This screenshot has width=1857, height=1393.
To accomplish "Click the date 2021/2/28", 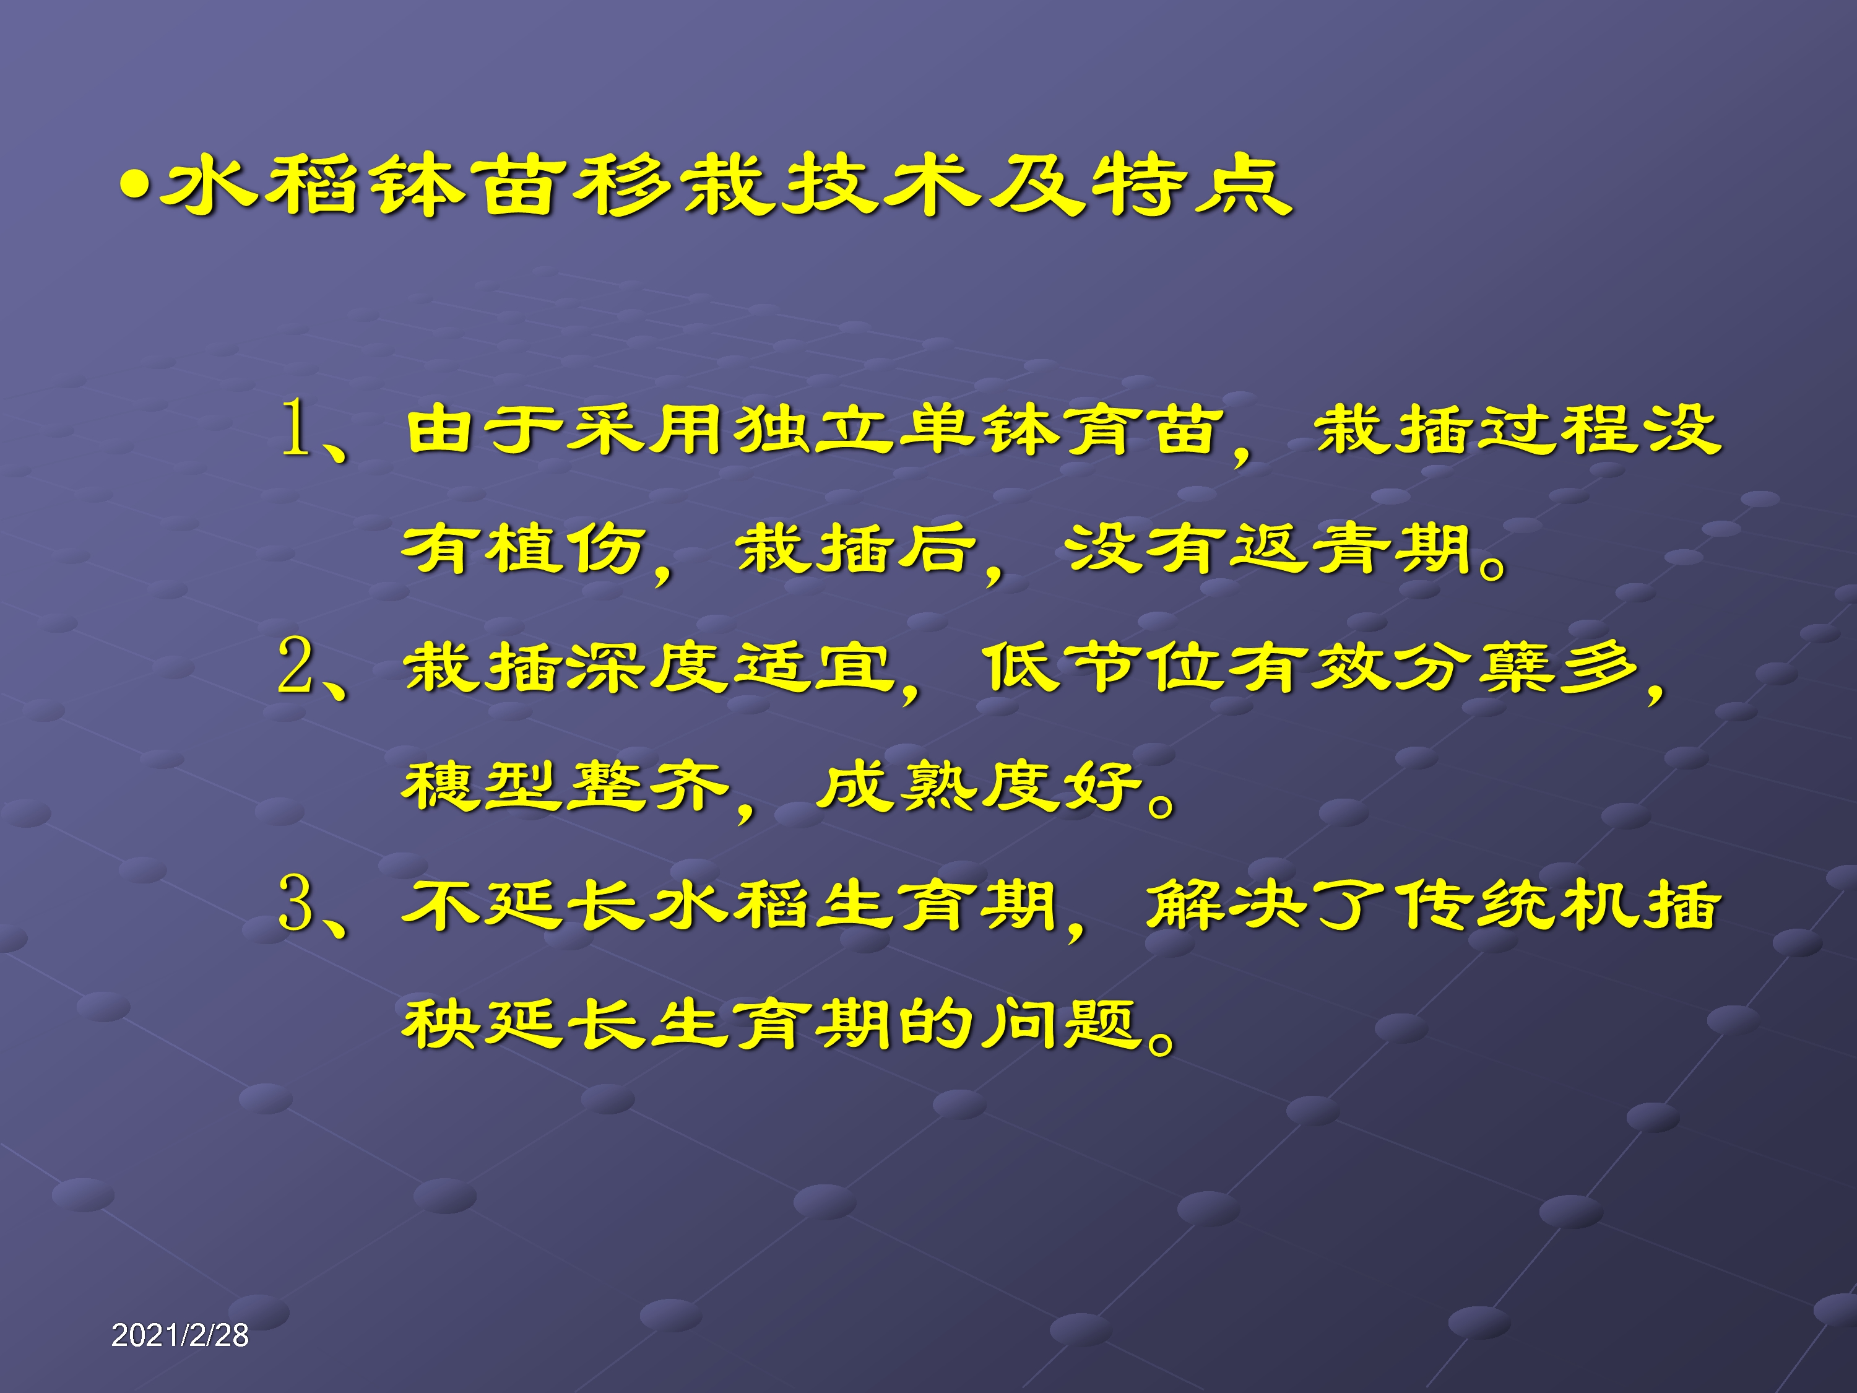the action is [x=180, y=1335].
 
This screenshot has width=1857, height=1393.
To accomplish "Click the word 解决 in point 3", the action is [x=1226, y=906].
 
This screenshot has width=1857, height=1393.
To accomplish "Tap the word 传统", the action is [x=1473, y=906].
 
